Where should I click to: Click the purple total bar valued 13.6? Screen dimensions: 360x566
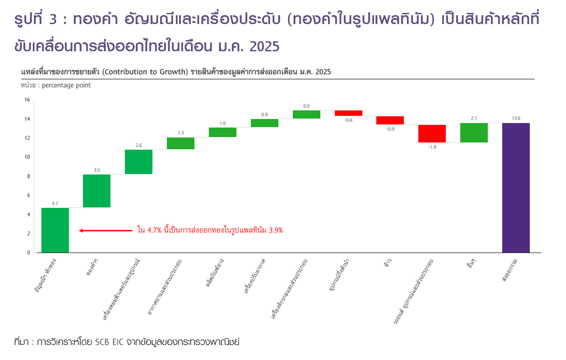[x=516, y=188]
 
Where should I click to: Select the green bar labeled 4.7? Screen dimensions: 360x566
[x=55, y=230]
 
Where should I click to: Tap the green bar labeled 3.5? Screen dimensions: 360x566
[x=97, y=191]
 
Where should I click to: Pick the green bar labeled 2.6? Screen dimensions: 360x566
[x=139, y=162]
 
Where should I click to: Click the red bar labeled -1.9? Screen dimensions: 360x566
[x=432, y=134]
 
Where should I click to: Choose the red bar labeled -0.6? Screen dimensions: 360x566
[x=348, y=113]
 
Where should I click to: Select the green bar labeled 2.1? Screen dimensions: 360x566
[x=474, y=133]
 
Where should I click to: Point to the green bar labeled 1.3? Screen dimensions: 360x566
[x=180, y=143]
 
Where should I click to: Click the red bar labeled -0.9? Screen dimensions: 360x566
[x=390, y=120]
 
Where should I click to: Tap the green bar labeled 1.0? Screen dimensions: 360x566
[x=223, y=132]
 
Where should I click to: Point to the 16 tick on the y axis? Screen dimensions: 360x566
[x=27, y=100]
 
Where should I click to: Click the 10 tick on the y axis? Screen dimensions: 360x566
[x=27, y=157]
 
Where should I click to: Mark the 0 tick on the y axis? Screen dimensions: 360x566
[x=29, y=253]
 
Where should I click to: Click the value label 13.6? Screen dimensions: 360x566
[x=516, y=118]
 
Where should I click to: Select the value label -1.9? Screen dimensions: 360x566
[x=432, y=147]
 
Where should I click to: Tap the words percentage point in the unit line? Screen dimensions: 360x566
[x=66, y=85]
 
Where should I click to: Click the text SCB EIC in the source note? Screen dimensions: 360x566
[x=109, y=342]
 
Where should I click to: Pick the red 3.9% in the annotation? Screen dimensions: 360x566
[x=276, y=230]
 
